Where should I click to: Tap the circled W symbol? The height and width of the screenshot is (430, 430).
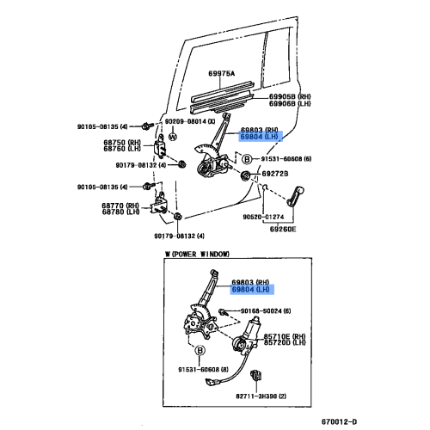172,136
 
